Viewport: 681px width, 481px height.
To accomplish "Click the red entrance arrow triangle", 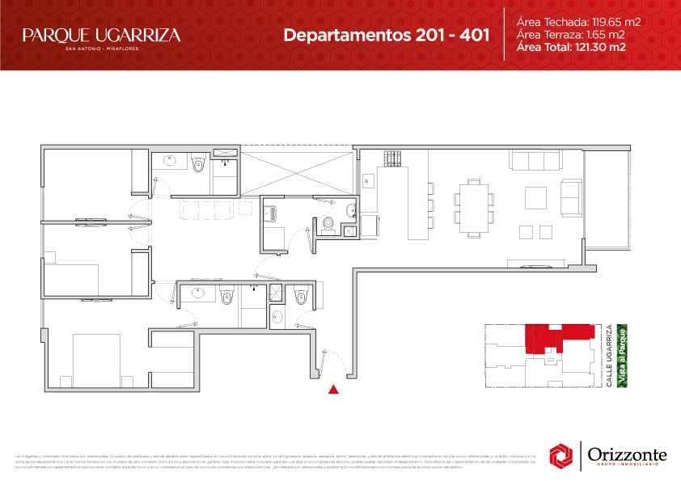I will pyautogui.click(x=332, y=390).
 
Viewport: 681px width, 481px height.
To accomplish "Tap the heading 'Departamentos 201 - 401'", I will pyautogui.click(x=387, y=36).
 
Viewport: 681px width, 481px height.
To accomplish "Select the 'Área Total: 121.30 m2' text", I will pyautogui.click(x=571, y=48).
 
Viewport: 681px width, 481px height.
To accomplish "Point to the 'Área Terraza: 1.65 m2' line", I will pyautogui.click(x=569, y=35).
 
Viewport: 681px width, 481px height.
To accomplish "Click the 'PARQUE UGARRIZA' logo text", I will pyautogui.click(x=101, y=36).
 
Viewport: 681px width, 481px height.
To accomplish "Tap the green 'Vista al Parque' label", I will pyautogui.click(x=623, y=356).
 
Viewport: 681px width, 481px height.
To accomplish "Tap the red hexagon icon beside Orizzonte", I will pyautogui.click(x=561, y=456).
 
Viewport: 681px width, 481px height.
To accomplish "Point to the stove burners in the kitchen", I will pyautogui.click(x=393, y=158).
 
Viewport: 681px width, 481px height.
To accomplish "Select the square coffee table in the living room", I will pyautogui.click(x=536, y=197).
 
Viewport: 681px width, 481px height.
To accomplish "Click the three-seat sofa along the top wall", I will pyautogui.click(x=531, y=161).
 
